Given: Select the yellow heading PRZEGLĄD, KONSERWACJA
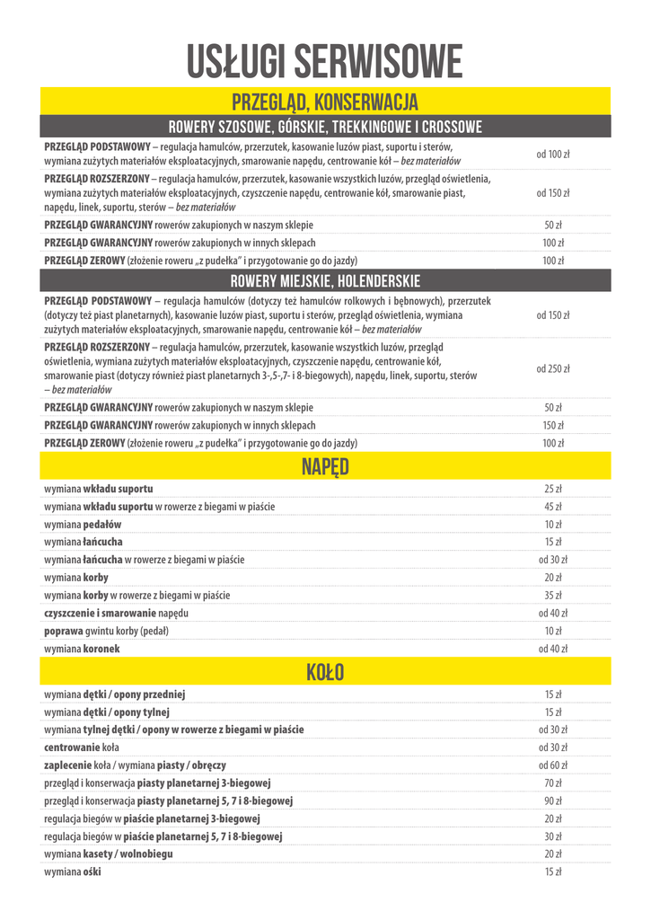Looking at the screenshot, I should [x=325, y=101].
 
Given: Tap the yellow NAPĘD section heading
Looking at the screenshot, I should [x=325, y=466].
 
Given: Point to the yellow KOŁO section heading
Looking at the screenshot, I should [x=325, y=671].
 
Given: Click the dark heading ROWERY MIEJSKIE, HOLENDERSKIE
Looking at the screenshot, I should [x=325, y=281].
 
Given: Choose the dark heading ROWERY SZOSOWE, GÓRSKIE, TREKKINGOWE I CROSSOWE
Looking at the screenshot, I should [x=325, y=127].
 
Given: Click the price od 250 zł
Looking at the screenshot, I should [x=553, y=368].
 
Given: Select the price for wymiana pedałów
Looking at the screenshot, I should [x=553, y=525].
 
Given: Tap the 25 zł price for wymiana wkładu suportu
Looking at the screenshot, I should [x=553, y=490].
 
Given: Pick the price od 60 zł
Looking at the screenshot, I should [x=553, y=765].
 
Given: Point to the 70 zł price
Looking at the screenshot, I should [x=553, y=783].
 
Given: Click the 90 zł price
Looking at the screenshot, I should [x=553, y=801].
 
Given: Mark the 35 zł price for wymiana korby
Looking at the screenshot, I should [x=553, y=596].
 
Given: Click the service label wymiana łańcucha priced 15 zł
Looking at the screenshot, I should [x=84, y=543].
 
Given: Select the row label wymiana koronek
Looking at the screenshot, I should [x=82, y=649].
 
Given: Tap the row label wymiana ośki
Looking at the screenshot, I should [x=73, y=871].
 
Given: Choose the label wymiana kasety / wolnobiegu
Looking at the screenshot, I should [x=109, y=854].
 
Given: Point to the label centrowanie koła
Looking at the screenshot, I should [x=82, y=747].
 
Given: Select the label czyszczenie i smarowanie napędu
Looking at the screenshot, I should [x=117, y=613].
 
